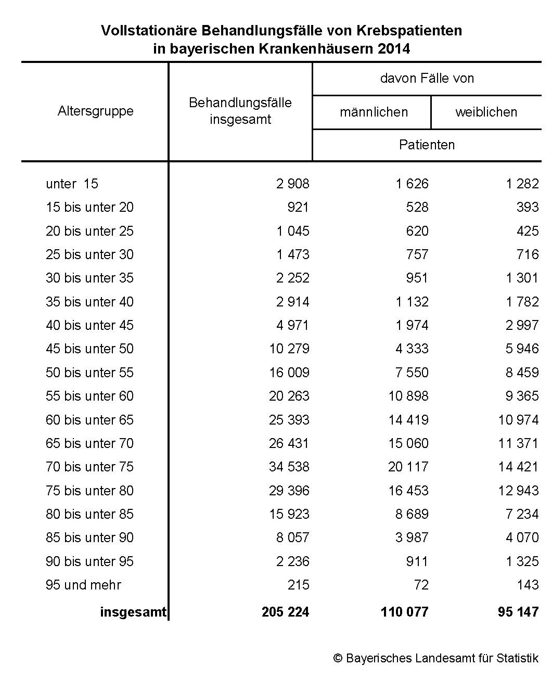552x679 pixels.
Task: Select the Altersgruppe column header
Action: coord(96,111)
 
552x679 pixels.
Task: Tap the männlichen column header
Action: coord(374,112)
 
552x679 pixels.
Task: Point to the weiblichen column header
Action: coord(486,112)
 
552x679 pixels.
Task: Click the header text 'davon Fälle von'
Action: coord(427,79)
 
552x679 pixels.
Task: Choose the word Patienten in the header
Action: coord(427,145)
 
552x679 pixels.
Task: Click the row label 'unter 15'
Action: coord(72,184)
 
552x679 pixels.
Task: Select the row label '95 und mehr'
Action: coord(83,585)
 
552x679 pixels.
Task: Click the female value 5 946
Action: coord(522,349)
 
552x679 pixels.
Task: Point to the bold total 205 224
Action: coord(285,612)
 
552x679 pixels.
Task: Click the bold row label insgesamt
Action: coord(133,612)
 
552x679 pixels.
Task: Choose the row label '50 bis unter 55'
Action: coord(89,373)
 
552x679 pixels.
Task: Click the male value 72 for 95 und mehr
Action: coord(421,585)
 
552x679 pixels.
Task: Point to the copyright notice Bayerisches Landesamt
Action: coord(436,658)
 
